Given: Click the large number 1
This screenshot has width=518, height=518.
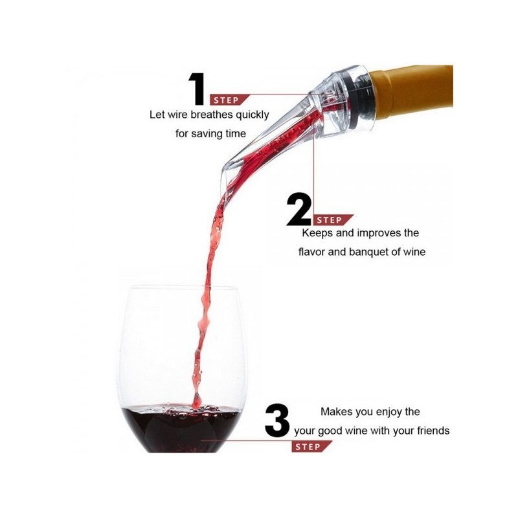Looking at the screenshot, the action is (197, 89).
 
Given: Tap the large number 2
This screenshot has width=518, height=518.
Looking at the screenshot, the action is (298, 209).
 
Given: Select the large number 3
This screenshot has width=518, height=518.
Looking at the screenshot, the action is (277, 420).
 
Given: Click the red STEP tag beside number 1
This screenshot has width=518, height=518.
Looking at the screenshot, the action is (229, 100).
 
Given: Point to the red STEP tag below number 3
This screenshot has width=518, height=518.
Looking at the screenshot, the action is (311, 447).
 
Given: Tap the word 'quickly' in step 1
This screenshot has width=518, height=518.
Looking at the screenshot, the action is (253, 115).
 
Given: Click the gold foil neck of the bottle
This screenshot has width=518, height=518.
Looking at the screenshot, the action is (413, 90).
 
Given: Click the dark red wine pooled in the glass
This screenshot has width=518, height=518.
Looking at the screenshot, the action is (181, 429).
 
